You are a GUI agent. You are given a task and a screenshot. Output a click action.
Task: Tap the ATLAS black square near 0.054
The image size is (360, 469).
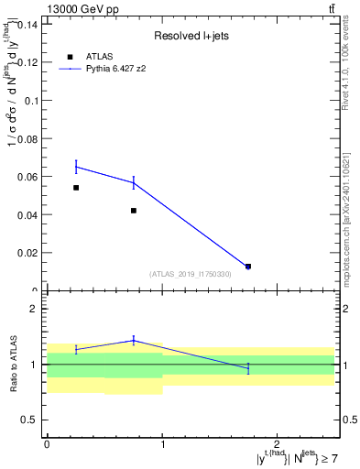pyautogui.click(x=76, y=188)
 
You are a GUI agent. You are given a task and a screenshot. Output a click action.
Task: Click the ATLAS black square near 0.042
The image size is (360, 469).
pyautogui.click(x=134, y=211)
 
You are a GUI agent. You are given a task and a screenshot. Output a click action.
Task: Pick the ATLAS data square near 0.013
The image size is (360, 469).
pyautogui.click(x=248, y=267)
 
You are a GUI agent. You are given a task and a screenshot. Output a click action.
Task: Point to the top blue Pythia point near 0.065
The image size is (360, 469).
pyautogui.click(x=76, y=166)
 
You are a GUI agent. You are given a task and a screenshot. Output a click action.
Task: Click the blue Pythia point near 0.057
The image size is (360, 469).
pyautogui.click(x=134, y=182)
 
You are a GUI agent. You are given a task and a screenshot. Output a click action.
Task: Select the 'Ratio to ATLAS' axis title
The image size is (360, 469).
pyautogui.click(x=12, y=365)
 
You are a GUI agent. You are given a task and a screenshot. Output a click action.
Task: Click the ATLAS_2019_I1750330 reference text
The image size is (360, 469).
pyautogui.click(x=191, y=274)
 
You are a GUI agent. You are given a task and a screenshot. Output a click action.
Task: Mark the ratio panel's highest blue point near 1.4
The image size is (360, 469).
pyautogui.click(x=134, y=341)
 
